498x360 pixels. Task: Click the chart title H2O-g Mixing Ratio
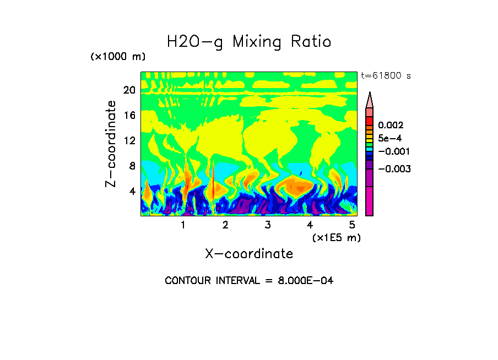[249, 42]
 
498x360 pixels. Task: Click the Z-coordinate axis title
[111, 144]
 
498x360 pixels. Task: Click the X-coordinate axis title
[249, 254]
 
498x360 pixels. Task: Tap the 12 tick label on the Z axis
[129, 140]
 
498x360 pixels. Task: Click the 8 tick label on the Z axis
[132, 166]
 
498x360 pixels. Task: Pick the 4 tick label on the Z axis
[132, 191]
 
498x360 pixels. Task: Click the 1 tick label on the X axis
[183, 225]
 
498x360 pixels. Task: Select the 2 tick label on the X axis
[225, 225]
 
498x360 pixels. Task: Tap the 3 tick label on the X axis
[267, 225]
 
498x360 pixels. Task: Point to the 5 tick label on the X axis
[352, 225]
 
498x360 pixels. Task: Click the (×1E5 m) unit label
[336, 237]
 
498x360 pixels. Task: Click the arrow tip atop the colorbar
[370, 95]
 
